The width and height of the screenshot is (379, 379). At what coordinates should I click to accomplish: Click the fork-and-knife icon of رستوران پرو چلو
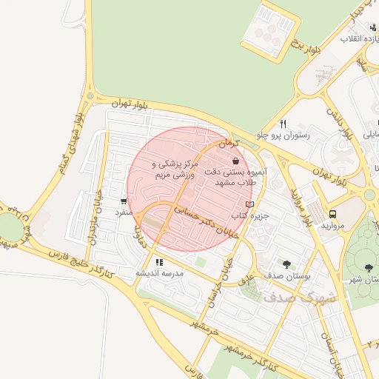[x=283, y=124]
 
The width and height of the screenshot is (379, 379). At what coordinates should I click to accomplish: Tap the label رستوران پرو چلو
[x=292, y=136]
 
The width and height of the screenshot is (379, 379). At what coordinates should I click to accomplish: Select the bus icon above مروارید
[x=332, y=214]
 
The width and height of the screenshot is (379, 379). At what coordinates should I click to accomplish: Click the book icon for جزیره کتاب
[x=249, y=204]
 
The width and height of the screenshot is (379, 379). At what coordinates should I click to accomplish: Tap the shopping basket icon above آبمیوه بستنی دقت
[x=235, y=161]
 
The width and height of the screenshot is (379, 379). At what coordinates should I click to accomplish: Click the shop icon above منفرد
[x=123, y=201]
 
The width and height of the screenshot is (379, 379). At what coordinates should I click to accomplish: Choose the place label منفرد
[x=122, y=212]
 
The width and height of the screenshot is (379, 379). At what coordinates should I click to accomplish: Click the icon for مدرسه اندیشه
[x=159, y=261]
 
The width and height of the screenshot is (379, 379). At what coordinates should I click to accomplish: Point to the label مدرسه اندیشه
[x=158, y=273]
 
